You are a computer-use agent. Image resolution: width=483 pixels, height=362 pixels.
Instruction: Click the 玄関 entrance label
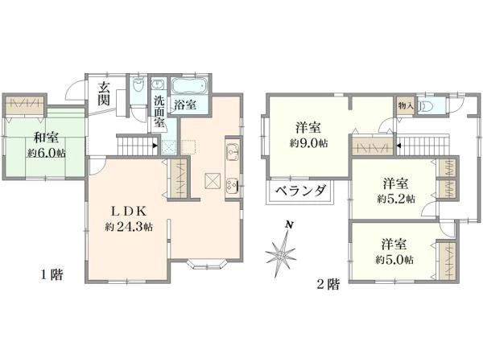(x=104, y=94)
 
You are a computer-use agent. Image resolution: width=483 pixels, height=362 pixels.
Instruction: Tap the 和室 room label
(x=46, y=138)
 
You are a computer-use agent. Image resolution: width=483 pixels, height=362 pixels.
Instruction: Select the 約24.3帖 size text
(x=129, y=227)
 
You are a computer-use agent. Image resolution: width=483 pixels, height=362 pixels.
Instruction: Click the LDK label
(x=129, y=212)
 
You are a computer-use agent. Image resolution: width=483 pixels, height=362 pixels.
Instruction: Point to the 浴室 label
(x=185, y=105)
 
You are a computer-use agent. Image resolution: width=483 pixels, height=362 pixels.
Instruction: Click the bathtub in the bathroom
(x=189, y=86)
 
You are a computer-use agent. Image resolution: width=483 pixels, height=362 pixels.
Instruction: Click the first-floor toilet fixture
(x=138, y=84)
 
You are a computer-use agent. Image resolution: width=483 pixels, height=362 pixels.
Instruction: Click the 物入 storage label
(x=406, y=106)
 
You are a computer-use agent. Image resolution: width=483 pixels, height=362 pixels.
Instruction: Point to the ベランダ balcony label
(x=300, y=191)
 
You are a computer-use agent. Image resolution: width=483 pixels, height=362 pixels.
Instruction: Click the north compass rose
(x=281, y=253)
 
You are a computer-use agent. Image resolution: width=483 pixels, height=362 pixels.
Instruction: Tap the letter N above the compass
(x=289, y=224)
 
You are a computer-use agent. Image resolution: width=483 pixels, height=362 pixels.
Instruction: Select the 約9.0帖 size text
(x=309, y=143)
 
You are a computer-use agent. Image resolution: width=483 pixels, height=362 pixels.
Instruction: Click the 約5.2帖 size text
(x=396, y=199)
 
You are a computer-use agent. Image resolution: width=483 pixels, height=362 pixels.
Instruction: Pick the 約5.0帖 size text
(x=394, y=260)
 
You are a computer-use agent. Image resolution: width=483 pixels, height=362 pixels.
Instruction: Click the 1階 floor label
(x=52, y=274)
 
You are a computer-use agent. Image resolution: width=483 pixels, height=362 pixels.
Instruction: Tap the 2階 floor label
(x=328, y=285)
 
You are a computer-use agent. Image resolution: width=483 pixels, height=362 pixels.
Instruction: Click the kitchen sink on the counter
(x=233, y=152)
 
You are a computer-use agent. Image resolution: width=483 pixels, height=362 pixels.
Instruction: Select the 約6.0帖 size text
(x=47, y=153)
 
